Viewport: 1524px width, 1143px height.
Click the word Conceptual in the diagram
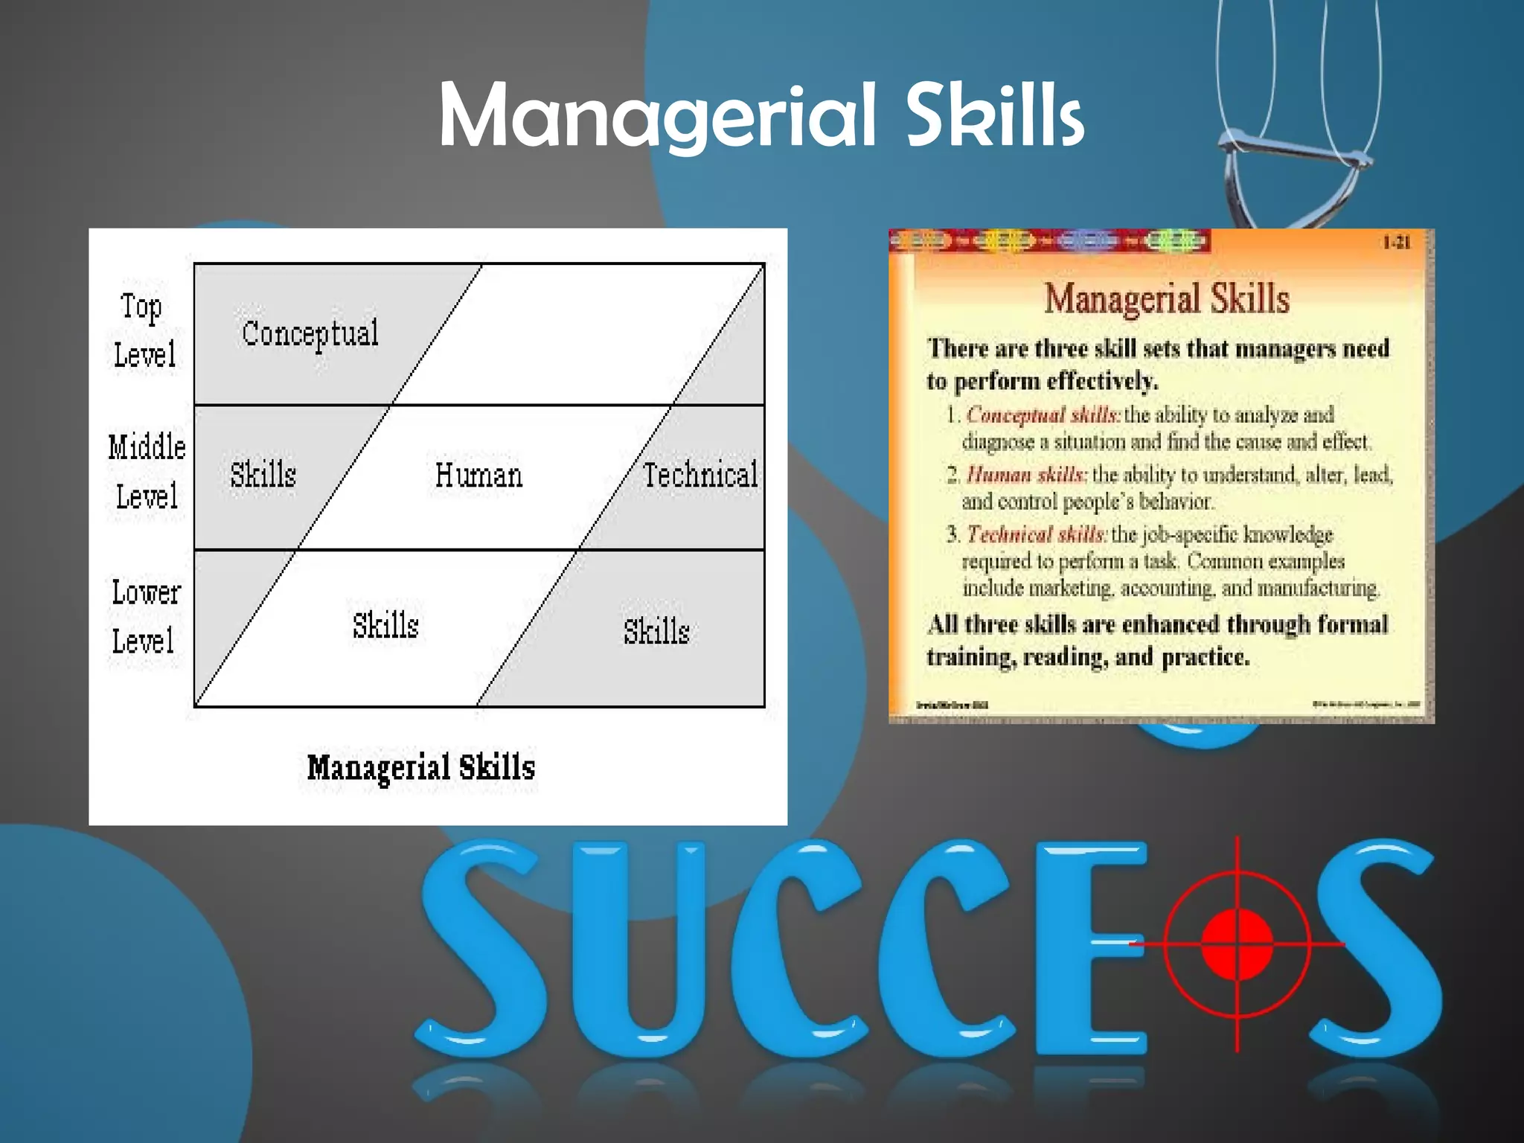310,334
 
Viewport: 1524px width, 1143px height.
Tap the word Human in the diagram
478,476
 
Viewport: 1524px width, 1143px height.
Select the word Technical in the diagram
700,475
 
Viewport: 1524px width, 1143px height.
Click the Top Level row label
144,330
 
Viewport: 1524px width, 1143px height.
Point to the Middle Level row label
147,471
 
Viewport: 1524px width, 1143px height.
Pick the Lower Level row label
145,617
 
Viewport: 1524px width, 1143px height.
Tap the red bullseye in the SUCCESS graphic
1237,944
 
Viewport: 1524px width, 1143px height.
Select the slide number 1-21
1396,243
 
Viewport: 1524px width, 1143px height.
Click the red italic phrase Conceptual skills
1043,414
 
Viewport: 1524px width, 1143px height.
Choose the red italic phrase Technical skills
1036,534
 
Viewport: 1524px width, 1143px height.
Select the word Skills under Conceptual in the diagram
263,475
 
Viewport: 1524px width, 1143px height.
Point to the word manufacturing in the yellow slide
1318,588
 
